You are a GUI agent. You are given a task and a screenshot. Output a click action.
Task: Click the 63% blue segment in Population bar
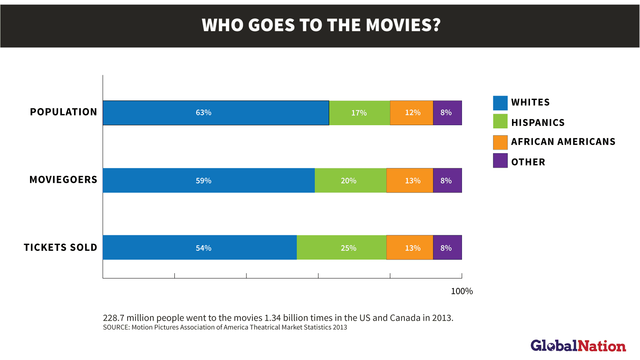[216, 113]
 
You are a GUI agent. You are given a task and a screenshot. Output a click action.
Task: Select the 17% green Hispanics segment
[359, 113]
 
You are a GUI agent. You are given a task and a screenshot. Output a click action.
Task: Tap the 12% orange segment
[412, 113]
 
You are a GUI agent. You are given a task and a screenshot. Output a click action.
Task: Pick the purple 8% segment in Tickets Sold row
[447, 248]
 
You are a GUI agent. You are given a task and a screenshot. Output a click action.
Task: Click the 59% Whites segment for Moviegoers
[208, 180]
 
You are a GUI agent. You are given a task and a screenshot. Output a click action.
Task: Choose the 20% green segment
[350, 180]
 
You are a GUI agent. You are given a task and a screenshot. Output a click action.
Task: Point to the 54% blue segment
[200, 248]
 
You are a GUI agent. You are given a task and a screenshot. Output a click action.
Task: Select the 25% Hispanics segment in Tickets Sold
[341, 248]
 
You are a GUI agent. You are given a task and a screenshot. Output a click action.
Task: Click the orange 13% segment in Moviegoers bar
[410, 180]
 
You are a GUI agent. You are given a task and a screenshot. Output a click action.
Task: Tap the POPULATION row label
[64, 112]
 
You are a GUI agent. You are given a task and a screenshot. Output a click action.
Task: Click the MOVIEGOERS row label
[63, 180]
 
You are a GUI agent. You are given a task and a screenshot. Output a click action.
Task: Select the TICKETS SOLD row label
[60, 248]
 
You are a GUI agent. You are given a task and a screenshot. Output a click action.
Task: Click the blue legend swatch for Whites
[500, 103]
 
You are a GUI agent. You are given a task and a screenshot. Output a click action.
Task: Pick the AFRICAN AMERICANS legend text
[563, 142]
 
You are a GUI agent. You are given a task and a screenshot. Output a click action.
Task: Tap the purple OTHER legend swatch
[500, 161]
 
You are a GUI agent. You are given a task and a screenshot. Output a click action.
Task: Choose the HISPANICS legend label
[538, 123]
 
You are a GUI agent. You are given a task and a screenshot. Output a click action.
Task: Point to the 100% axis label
[462, 291]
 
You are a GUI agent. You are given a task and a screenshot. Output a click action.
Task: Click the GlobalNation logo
[578, 346]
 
